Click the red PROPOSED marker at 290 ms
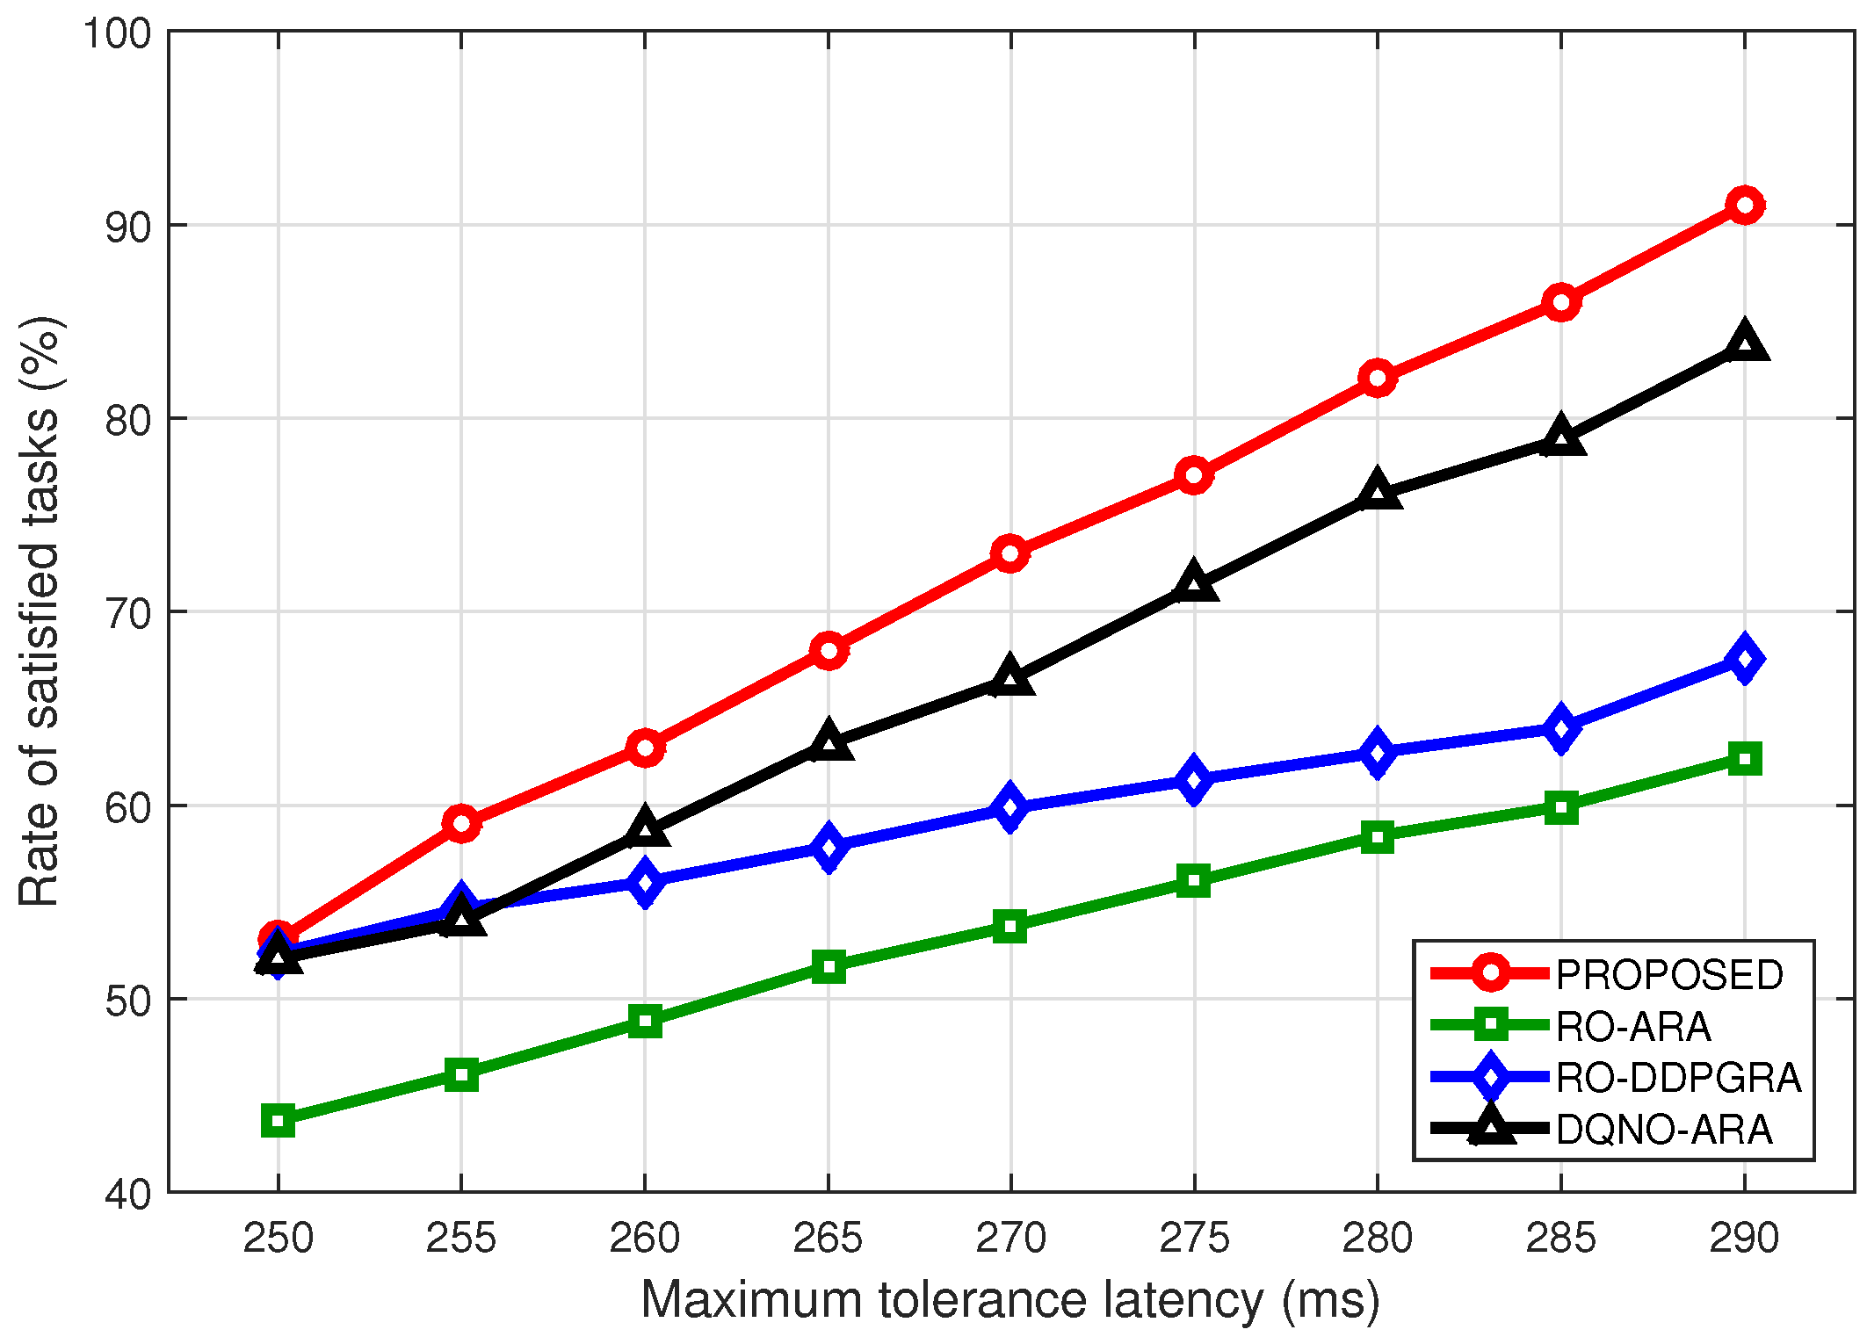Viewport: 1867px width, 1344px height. [x=1744, y=205]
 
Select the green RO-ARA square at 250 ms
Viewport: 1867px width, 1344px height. [x=278, y=1122]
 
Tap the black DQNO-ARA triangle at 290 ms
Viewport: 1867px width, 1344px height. [x=1744, y=343]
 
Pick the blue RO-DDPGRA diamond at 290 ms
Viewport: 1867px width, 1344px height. [x=1744, y=659]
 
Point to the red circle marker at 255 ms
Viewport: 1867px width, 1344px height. [x=461, y=823]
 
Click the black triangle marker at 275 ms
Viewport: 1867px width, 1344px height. [x=1193, y=582]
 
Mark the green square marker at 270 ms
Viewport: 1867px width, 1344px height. [x=1010, y=927]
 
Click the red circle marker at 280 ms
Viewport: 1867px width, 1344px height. [x=1377, y=378]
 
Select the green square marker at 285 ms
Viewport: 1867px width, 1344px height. [x=1560, y=807]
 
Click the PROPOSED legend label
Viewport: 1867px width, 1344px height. [x=1669, y=975]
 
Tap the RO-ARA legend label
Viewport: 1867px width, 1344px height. [x=1633, y=1026]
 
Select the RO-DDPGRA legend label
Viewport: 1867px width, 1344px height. [x=1678, y=1078]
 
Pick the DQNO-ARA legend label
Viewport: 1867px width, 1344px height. [x=1663, y=1130]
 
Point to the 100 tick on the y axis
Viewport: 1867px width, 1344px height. [x=117, y=33]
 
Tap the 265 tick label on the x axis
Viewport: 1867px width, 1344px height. [x=828, y=1239]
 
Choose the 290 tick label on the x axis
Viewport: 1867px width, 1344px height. [x=1744, y=1239]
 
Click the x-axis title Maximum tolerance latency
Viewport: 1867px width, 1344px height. [x=1010, y=1300]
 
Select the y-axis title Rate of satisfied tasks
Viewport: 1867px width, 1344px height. [x=40, y=611]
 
